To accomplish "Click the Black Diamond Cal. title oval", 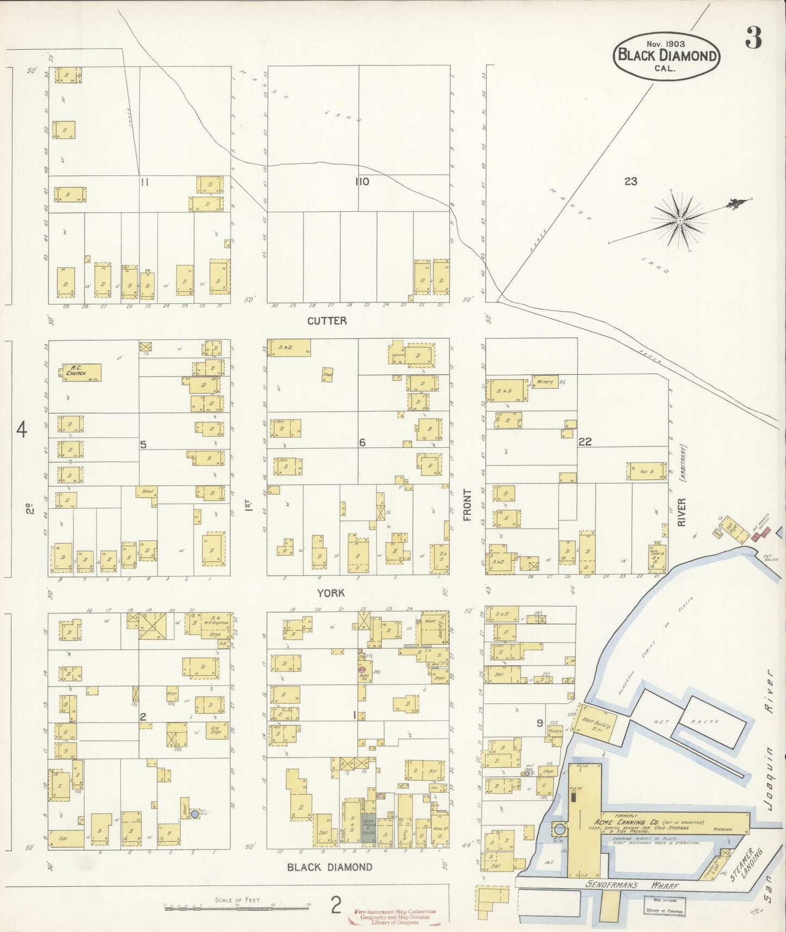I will click(x=666, y=56).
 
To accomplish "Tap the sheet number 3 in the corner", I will click(x=753, y=38).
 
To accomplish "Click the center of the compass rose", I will click(x=679, y=220).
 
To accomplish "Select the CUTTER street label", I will click(x=326, y=321).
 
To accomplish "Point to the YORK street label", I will click(x=331, y=593).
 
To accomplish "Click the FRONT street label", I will click(x=467, y=505).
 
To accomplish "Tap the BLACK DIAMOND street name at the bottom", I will click(x=330, y=867).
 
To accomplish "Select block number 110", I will click(x=362, y=182).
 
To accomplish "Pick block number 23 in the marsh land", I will click(x=630, y=182).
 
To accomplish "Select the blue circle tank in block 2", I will click(x=194, y=814).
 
